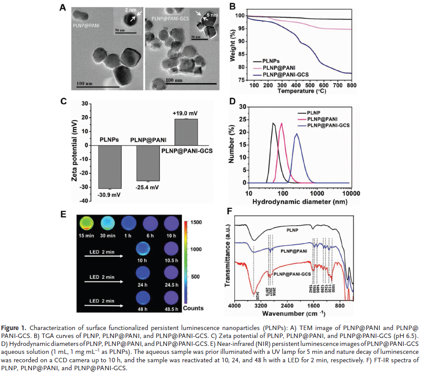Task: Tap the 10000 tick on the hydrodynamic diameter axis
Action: [x=351, y=194]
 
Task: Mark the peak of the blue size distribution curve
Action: [x=297, y=133]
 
